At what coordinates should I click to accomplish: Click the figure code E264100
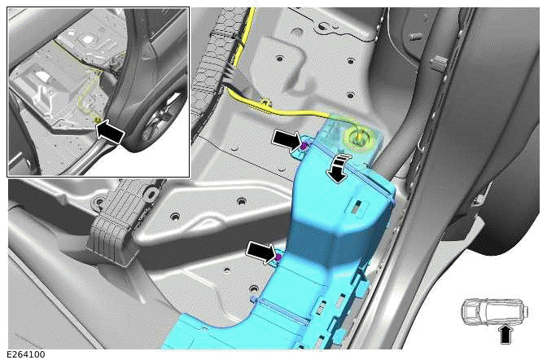(x=26, y=355)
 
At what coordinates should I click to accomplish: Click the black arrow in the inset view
(x=110, y=132)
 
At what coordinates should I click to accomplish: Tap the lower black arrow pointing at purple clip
(x=261, y=252)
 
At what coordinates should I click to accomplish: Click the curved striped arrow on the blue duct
(x=338, y=169)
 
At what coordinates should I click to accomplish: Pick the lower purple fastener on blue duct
(x=278, y=257)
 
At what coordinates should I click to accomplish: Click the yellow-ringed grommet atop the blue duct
(x=359, y=139)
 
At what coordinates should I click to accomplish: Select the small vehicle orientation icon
(x=495, y=312)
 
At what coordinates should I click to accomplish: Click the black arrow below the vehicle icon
(x=505, y=335)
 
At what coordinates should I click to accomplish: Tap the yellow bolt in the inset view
(x=98, y=121)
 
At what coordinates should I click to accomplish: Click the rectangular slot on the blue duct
(x=358, y=206)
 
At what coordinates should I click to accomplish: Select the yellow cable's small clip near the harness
(x=267, y=103)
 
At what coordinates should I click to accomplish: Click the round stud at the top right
(x=415, y=37)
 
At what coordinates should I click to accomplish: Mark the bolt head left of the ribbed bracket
(x=99, y=201)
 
